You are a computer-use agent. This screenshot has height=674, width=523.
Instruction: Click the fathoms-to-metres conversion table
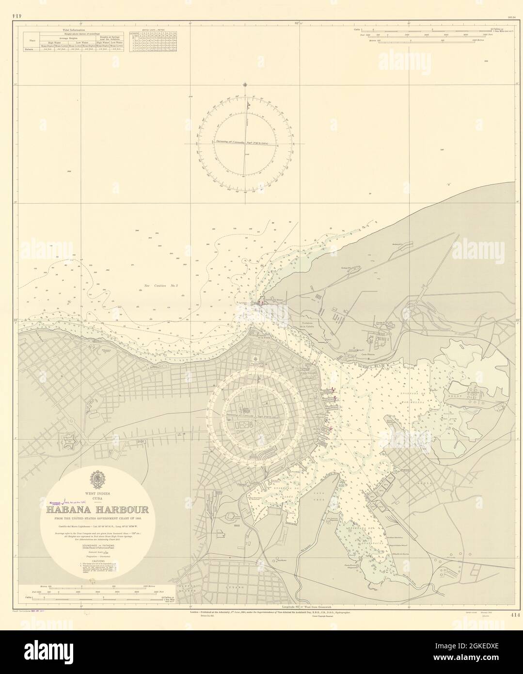153,43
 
